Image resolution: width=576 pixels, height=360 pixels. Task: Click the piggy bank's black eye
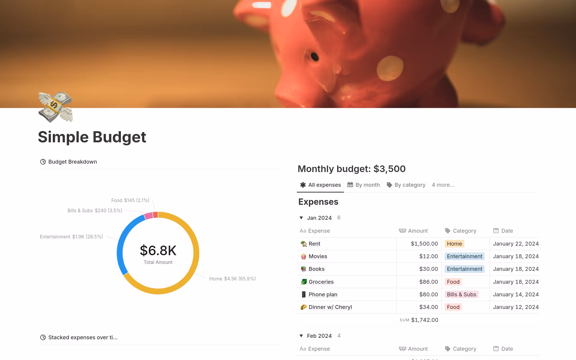click(x=314, y=56)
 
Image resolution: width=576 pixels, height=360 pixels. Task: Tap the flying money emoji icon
click(x=55, y=107)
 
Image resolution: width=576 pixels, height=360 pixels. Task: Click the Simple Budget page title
click(x=92, y=137)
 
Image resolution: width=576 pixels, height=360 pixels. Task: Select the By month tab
click(x=364, y=185)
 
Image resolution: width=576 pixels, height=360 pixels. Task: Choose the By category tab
click(x=406, y=185)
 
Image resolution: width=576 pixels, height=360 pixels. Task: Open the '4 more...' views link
click(x=443, y=185)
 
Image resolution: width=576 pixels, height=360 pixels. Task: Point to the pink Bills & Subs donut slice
click(x=148, y=216)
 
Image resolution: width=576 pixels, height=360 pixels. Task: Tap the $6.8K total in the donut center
click(x=158, y=250)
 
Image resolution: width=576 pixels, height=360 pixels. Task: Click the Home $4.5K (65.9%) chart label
click(x=232, y=279)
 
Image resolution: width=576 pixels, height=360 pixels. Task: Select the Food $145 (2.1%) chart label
click(x=130, y=200)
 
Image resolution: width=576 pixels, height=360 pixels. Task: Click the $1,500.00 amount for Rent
click(x=424, y=244)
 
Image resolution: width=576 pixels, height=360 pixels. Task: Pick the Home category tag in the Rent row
click(x=454, y=244)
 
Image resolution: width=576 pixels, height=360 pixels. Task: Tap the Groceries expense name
click(x=321, y=282)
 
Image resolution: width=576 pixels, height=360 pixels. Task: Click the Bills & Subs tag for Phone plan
click(x=461, y=295)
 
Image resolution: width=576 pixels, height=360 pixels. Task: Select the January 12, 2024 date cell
click(x=515, y=307)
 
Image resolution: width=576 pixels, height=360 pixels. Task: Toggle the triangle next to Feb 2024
click(x=301, y=336)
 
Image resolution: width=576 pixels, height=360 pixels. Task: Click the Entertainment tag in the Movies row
click(x=464, y=256)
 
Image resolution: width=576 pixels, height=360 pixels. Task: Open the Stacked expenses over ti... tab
click(x=82, y=337)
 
